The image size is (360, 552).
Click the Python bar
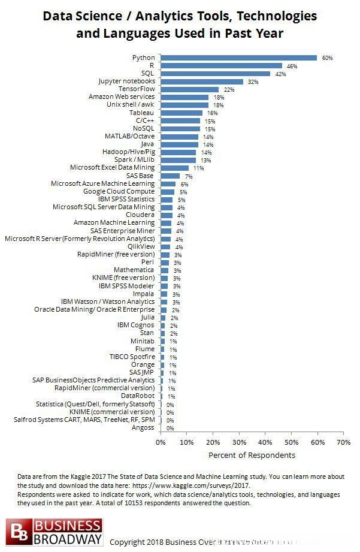238,58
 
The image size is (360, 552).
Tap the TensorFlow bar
189,89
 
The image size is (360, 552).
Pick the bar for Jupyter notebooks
202,81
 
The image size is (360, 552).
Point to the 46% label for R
292,66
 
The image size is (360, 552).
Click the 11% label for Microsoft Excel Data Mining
198,168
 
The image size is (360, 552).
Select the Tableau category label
142,112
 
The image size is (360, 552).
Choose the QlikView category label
141,246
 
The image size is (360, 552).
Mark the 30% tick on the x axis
239,442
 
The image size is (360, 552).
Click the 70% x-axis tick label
343,442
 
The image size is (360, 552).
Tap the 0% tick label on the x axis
161,442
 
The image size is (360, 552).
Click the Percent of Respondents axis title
252,455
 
